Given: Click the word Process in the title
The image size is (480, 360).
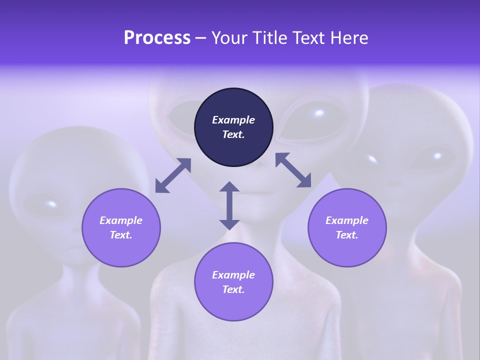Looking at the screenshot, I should click(x=157, y=38).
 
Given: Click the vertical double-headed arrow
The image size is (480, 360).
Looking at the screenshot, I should click(x=229, y=205).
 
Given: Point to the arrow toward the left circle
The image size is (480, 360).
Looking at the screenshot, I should click(x=173, y=175).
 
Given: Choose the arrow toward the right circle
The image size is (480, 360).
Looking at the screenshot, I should click(x=293, y=170).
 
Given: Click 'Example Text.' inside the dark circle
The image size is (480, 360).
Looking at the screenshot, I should click(x=233, y=127).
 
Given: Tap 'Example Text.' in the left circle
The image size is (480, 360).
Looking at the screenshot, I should click(x=121, y=227).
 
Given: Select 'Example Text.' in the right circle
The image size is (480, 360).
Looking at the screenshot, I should click(x=347, y=227).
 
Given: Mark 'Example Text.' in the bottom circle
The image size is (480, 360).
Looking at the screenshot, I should click(x=233, y=282).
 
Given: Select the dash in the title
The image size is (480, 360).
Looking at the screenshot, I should click(x=201, y=38).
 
